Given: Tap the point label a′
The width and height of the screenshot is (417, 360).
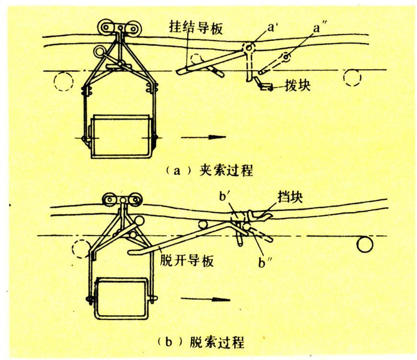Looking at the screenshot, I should [x=274, y=28].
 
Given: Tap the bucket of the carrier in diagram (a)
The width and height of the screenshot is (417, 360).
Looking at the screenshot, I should [x=120, y=135].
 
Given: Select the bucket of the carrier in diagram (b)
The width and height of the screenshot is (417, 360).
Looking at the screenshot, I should [x=120, y=298].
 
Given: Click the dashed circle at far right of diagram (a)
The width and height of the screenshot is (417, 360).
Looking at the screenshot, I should [x=352, y=77].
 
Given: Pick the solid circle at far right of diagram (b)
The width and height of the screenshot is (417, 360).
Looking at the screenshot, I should [x=365, y=245].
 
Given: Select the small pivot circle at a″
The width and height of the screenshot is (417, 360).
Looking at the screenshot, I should [x=286, y=58].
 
